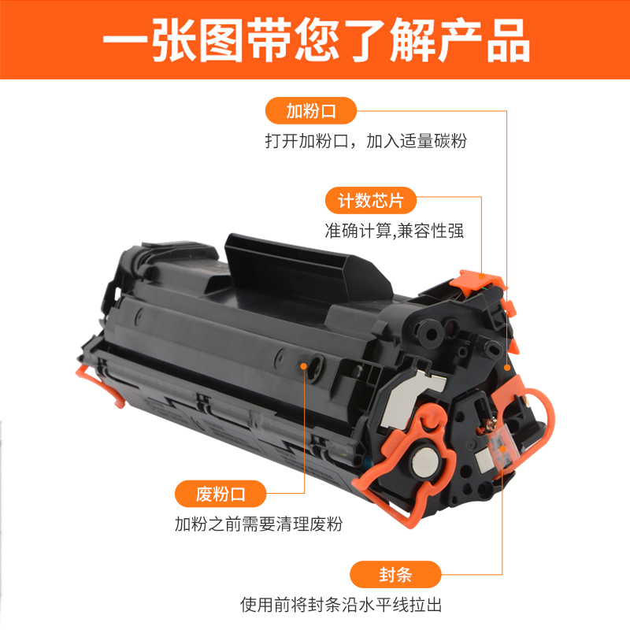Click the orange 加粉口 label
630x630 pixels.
(311, 111)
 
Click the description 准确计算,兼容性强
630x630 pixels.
(395, 232)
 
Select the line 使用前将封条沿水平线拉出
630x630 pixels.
(346, 606)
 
